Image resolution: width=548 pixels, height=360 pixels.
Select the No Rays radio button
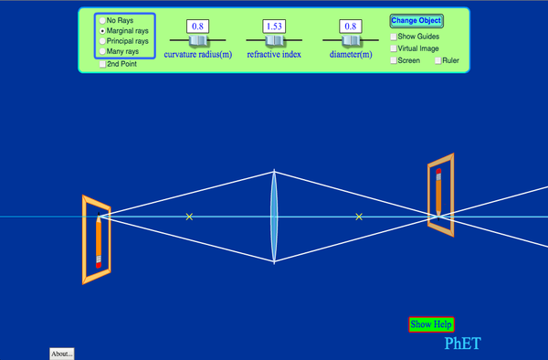coord(102,20)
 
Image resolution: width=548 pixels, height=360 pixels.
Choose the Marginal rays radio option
coord(102,30)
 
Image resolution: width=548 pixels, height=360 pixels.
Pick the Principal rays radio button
coord(102,41)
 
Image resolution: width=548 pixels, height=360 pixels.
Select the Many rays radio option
coord(102,51)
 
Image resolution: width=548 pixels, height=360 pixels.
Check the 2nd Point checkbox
coord(102,64)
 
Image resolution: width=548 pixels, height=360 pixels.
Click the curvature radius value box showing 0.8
coord(197,26)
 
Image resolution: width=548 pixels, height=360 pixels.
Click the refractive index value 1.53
coord(274,26)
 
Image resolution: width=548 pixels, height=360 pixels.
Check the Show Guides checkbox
coord(394,37)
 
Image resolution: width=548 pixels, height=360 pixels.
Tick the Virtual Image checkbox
coord(394,48)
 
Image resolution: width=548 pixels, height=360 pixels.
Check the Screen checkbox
coord(394,60)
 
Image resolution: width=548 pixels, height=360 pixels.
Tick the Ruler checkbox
coord(438,60)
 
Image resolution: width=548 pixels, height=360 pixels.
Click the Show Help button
coord(430,323)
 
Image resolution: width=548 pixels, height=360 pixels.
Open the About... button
coord(61,354)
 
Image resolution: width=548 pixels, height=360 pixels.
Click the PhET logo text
coord(461,344)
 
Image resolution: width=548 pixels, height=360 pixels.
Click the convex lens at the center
coord(274,217)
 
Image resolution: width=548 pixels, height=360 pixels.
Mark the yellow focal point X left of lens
coord(189,217)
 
